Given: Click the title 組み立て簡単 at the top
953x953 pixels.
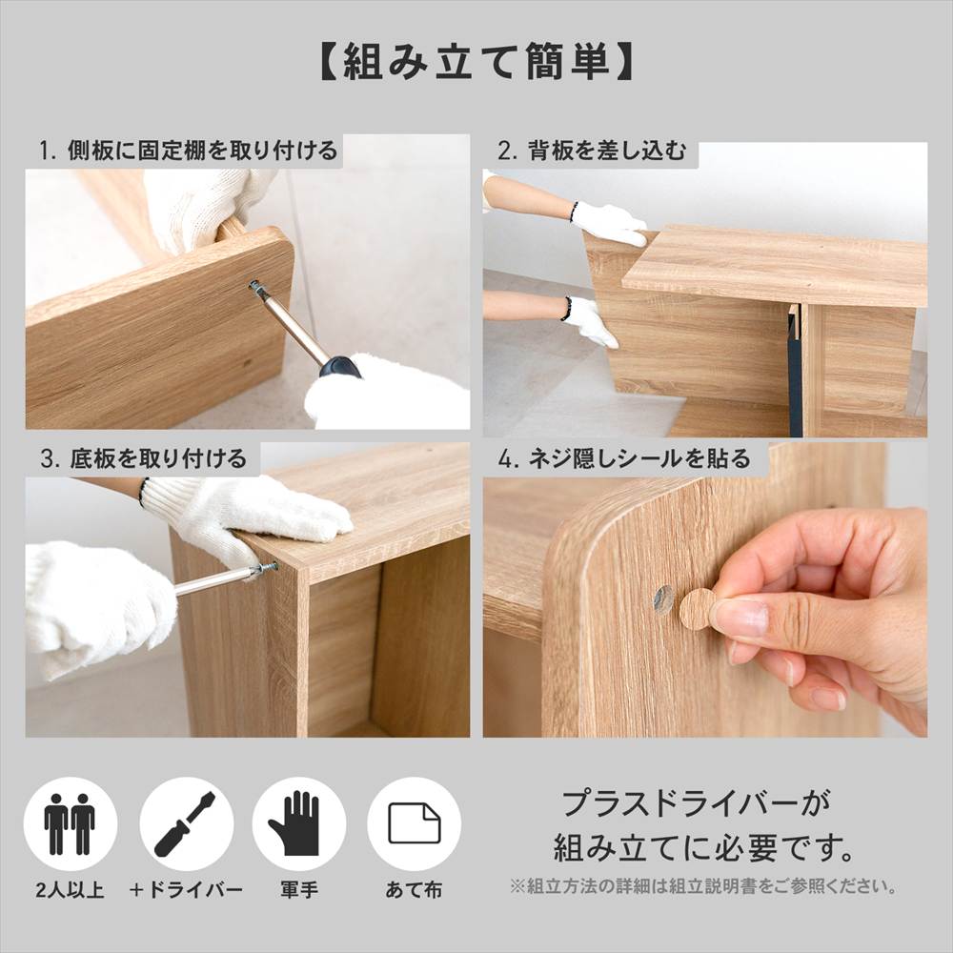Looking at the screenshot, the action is [x=476, y=62].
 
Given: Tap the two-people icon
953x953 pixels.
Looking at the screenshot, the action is [x=70, y=823].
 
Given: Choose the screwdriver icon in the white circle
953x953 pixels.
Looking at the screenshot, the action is [x=185, y=824].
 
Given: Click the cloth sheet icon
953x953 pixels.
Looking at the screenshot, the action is [x=415, y=823].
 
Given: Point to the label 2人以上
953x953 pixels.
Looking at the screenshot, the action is [x=70, y=890].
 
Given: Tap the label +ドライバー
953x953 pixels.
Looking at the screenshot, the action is [x=186, y=890].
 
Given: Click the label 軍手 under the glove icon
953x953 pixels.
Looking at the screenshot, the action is [x=299, y=890].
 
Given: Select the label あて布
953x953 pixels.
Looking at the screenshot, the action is [x=414, y=890].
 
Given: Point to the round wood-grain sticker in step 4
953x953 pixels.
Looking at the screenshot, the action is [x=699, y=608].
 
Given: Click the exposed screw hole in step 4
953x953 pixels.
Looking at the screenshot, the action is [x=663, y=598].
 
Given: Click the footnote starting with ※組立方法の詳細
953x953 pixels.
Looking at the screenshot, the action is [x=704, y=886].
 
